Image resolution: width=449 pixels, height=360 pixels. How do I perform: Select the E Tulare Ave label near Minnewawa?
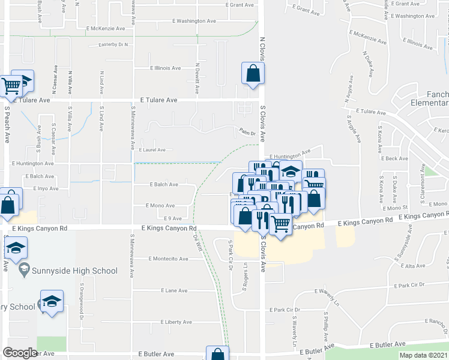click(158, 100)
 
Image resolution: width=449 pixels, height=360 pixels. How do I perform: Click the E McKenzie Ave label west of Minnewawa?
click(106, 28)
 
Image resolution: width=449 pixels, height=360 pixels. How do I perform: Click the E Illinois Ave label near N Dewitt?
click(166, 68)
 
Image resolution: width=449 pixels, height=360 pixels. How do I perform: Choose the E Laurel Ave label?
click(152, 150)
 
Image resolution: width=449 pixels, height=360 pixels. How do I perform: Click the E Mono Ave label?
click(160, 205)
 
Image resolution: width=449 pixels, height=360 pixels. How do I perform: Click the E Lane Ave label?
click(174, 290)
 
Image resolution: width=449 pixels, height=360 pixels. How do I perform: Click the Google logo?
click(20, 352)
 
